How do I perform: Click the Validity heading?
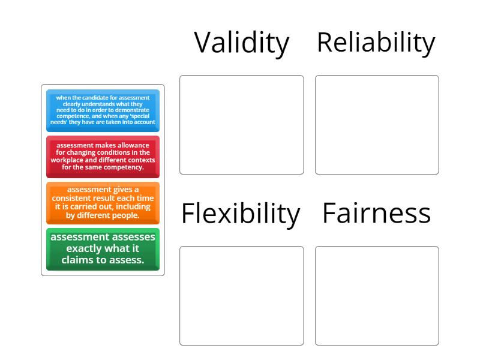pos(242,43)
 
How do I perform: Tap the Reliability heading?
pos(376,43)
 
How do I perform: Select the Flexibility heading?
pos(240,214)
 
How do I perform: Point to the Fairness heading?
pos(376,214)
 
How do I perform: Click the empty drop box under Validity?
pos(242,125)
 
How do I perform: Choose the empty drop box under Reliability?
pos(377,125)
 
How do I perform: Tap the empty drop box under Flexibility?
pos(242,296)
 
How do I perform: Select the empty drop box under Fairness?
pos(377,296)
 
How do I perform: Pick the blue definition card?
pos(103,110)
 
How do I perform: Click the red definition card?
pos(103,157)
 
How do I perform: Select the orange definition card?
pos(103,203)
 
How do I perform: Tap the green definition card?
pos(103,249)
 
